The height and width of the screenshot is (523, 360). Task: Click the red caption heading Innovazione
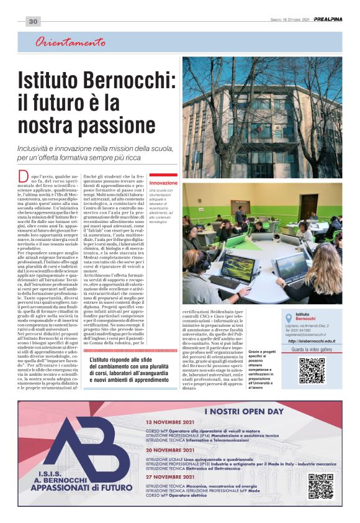coord(163,184)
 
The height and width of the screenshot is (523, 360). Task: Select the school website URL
coord(312,341)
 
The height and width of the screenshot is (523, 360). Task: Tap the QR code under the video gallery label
coord(312,371)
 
